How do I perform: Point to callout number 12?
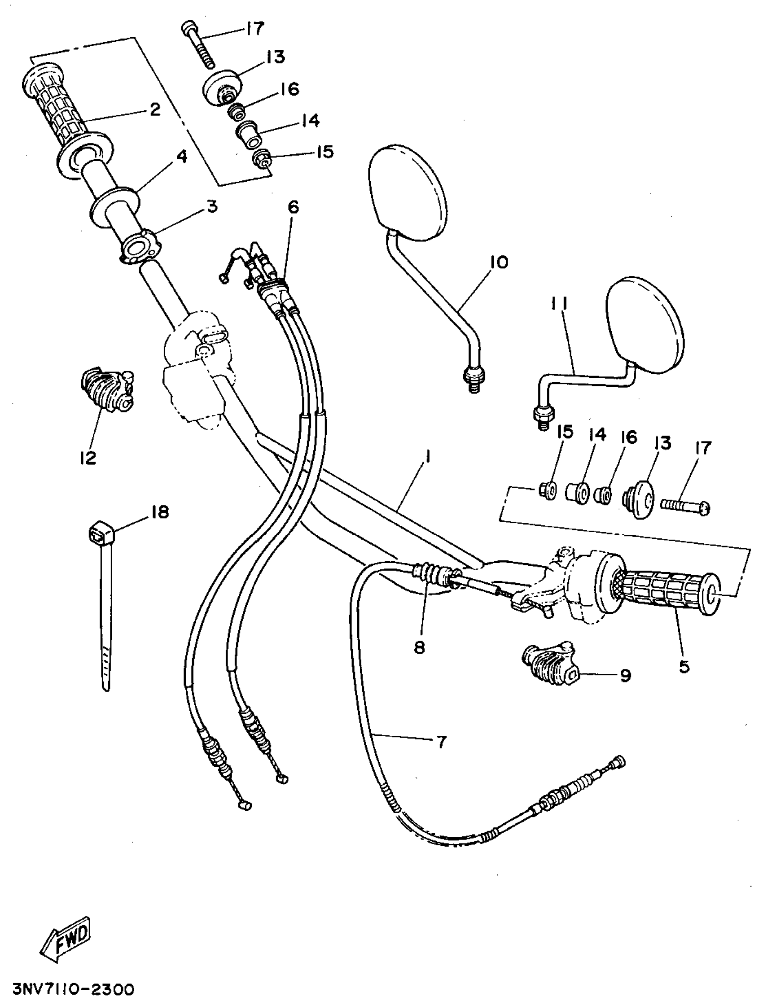pos(88,458)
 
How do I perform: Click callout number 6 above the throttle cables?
pos(294,208)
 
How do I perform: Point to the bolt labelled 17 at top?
pos(199,46)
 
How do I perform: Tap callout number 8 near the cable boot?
pos(419,647)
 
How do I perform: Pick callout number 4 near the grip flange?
pos(181,157)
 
